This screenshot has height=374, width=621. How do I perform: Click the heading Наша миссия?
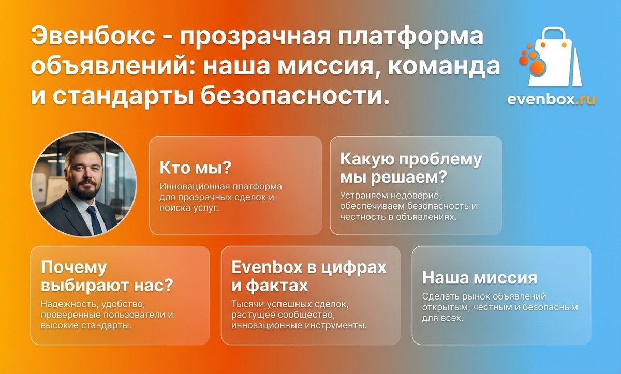479,278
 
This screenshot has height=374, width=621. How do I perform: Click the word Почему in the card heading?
73,267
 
